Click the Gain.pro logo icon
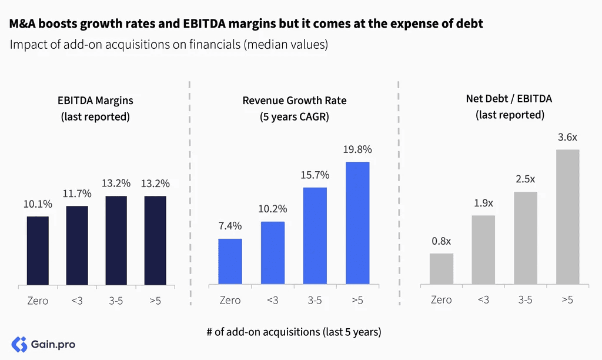[x=19, y=344]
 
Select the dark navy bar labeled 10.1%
[x=38, y=251]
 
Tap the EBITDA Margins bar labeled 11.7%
[x=77, y=245]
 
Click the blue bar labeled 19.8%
[x=357, y=223]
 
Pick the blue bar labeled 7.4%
[x=230, y=261]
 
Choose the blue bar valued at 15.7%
[x=315, y=236]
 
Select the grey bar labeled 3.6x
[x=567, y=216]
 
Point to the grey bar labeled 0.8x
[x=442, y=269]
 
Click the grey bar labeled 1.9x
[x=483, y=250]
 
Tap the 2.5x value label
[x=525, y=179]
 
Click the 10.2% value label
[x=273, y=209]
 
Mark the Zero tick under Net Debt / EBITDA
[x=441, y=299]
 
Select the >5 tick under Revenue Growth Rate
[x=357, y=300]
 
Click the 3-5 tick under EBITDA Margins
[x=116, y=301]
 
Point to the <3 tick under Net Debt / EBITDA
[x=483, y=299]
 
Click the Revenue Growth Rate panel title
[x=295, y=108]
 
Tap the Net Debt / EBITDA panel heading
[x=509, y=107]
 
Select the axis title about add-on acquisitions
[x=294, y=332]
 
